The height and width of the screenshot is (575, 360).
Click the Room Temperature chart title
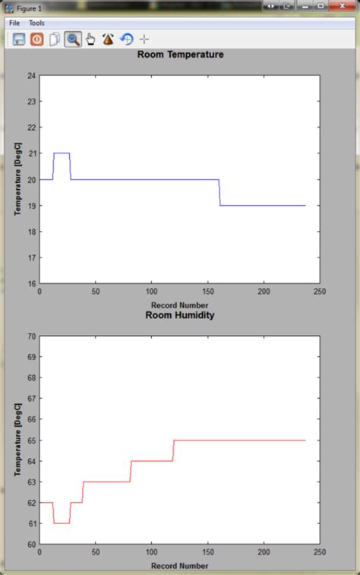pyautogui.click(x=180, y=55)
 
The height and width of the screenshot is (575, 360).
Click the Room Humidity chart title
pyautogui.click(x=180, y=314)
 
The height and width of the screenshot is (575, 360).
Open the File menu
pyautogui.click(x=14, y=24)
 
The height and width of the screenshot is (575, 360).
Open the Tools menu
pyautogui.click(x=36, y=24)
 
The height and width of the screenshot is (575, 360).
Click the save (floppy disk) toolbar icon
pyautogui.click(x=19, y=39)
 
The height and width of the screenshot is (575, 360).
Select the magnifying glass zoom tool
pyautogui.click(x=73, y=39)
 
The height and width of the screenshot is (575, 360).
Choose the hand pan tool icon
pyautogui.click(x=90, y=39)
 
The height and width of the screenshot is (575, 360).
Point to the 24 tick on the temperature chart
pyautogui.click(x=32, y=76)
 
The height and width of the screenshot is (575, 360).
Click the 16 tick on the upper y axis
pyautogui.click(x=32, y=283)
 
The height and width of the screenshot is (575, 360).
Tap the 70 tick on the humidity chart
pyautogui.click(x=32, y=336)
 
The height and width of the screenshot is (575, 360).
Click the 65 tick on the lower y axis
pyautogui.click(x=32, y=441)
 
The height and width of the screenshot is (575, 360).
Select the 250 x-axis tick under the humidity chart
pyautogui.click(x=319, y=552)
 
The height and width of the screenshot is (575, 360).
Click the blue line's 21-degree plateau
pyautogui.click(x=62, y=153)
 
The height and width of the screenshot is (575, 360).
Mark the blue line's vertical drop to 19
pyautogui.click(x=219, y=193)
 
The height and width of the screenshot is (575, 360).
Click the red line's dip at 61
pyautogui.click(x=62, y=523)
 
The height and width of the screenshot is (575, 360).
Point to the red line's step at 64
pyautogui.click(x=152, y=461)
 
